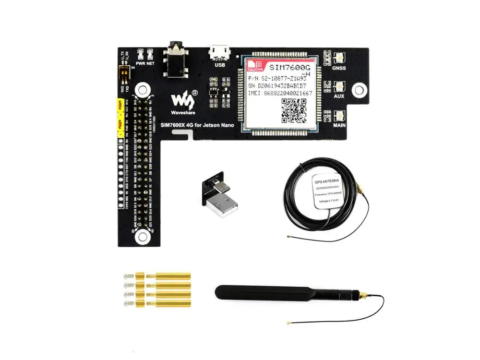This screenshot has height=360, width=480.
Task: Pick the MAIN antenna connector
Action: coord(339,115)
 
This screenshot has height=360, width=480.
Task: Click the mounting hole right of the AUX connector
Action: coord(358,90)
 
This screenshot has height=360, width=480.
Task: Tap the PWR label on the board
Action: coord(141,62)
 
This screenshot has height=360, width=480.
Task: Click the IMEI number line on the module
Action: coord(280,93)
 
